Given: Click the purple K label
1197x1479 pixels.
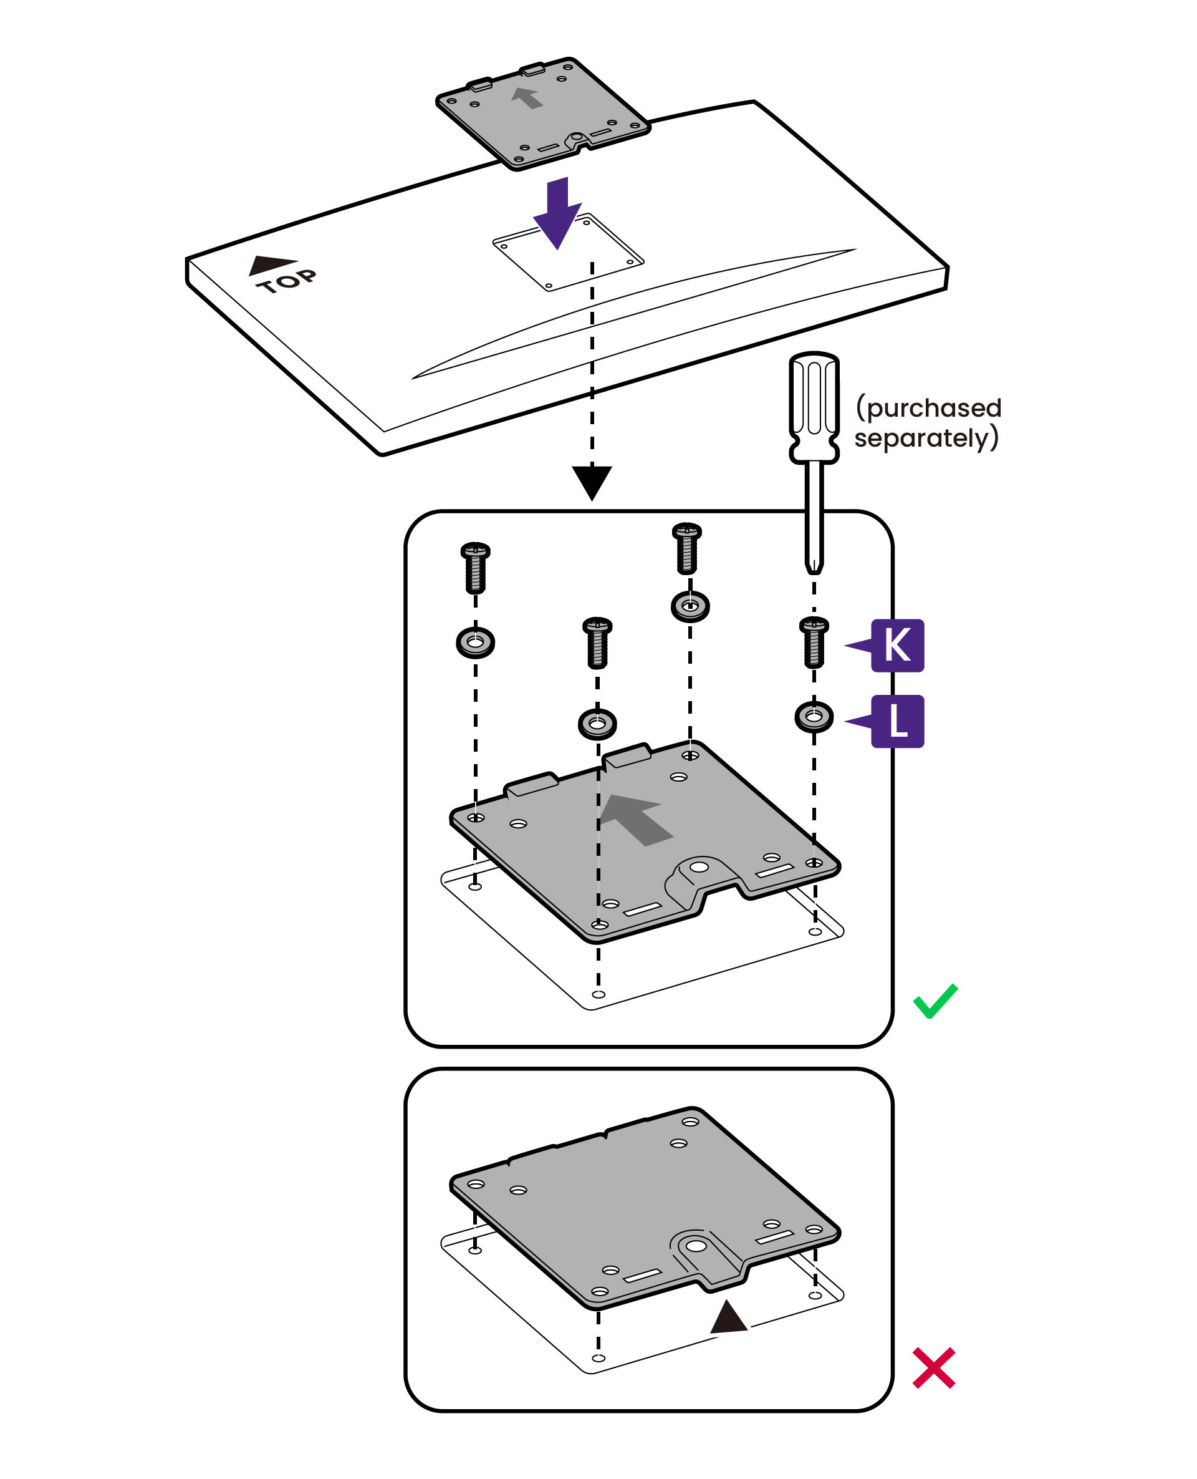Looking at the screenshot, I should [x=897, y=645].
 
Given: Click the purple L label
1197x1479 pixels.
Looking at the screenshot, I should [x=897, y=721].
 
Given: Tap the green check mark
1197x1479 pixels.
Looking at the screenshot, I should [x=935, y=1001].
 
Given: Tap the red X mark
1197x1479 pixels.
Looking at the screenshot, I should [x=934, y=1367].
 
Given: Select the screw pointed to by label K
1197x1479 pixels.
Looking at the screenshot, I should [x=814, y=643].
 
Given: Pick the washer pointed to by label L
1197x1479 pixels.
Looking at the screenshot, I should [x=814, y=717].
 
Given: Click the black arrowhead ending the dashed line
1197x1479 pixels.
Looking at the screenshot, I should [x=592, y=482].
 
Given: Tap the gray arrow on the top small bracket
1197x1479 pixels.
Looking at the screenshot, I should [x=527, y=97].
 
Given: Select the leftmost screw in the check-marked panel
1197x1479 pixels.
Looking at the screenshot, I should [x=475, y=568].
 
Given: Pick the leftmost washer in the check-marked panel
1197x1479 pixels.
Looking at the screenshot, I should [x=475, y=643].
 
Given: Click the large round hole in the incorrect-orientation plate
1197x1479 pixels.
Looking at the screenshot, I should [x=696, y=1246].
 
